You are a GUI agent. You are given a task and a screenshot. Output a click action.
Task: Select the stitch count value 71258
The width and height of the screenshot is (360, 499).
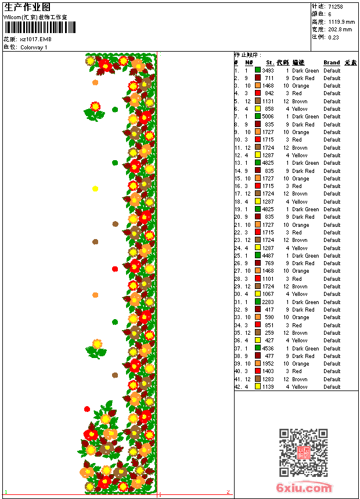[x=335, y=6]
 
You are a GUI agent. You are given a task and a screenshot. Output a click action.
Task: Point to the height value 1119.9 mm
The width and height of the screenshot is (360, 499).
[x=340, y=21]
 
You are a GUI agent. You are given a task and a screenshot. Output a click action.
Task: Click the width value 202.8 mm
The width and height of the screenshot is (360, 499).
[x=340, y=29]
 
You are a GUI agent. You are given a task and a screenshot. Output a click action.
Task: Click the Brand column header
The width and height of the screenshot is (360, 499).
[x=332, y=63]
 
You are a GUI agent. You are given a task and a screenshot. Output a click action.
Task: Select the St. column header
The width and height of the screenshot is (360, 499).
[x=270, y=63]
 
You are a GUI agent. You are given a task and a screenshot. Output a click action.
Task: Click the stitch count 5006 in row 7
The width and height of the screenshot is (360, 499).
[x=268, y=117]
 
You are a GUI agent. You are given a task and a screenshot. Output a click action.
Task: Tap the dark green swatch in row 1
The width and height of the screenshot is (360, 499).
[x=258, y=70]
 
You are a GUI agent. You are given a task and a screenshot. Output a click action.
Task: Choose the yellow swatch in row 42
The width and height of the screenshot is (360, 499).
[x=258, y=387]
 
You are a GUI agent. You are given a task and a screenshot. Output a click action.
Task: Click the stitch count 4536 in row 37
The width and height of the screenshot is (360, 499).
[x=268, y=349]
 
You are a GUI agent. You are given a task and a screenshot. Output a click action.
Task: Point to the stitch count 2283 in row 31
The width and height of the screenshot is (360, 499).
[x=268, y=302]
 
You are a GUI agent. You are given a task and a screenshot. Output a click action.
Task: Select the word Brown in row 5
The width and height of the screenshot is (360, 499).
[x=300, y=102]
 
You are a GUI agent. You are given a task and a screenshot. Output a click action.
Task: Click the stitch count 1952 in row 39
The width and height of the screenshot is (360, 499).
[x=268, y=364]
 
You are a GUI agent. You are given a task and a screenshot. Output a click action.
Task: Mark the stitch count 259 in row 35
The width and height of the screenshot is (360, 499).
[x=269, y=333]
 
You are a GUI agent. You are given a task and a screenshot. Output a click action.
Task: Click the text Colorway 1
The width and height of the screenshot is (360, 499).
[x=34, y=48]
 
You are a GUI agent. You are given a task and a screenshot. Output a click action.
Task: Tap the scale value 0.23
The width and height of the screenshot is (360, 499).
[x=333, y=37]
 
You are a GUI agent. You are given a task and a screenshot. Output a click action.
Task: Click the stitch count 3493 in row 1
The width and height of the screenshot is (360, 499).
[x=268, y=71]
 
